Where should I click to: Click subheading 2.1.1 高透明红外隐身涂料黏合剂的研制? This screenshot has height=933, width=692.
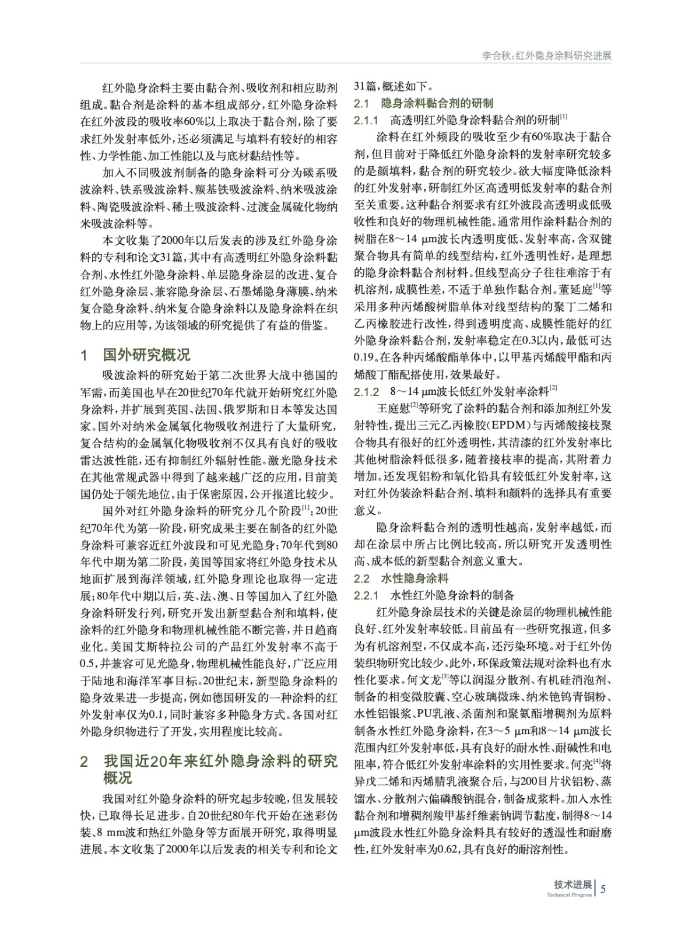pyautogui.click(x=461, y=120)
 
